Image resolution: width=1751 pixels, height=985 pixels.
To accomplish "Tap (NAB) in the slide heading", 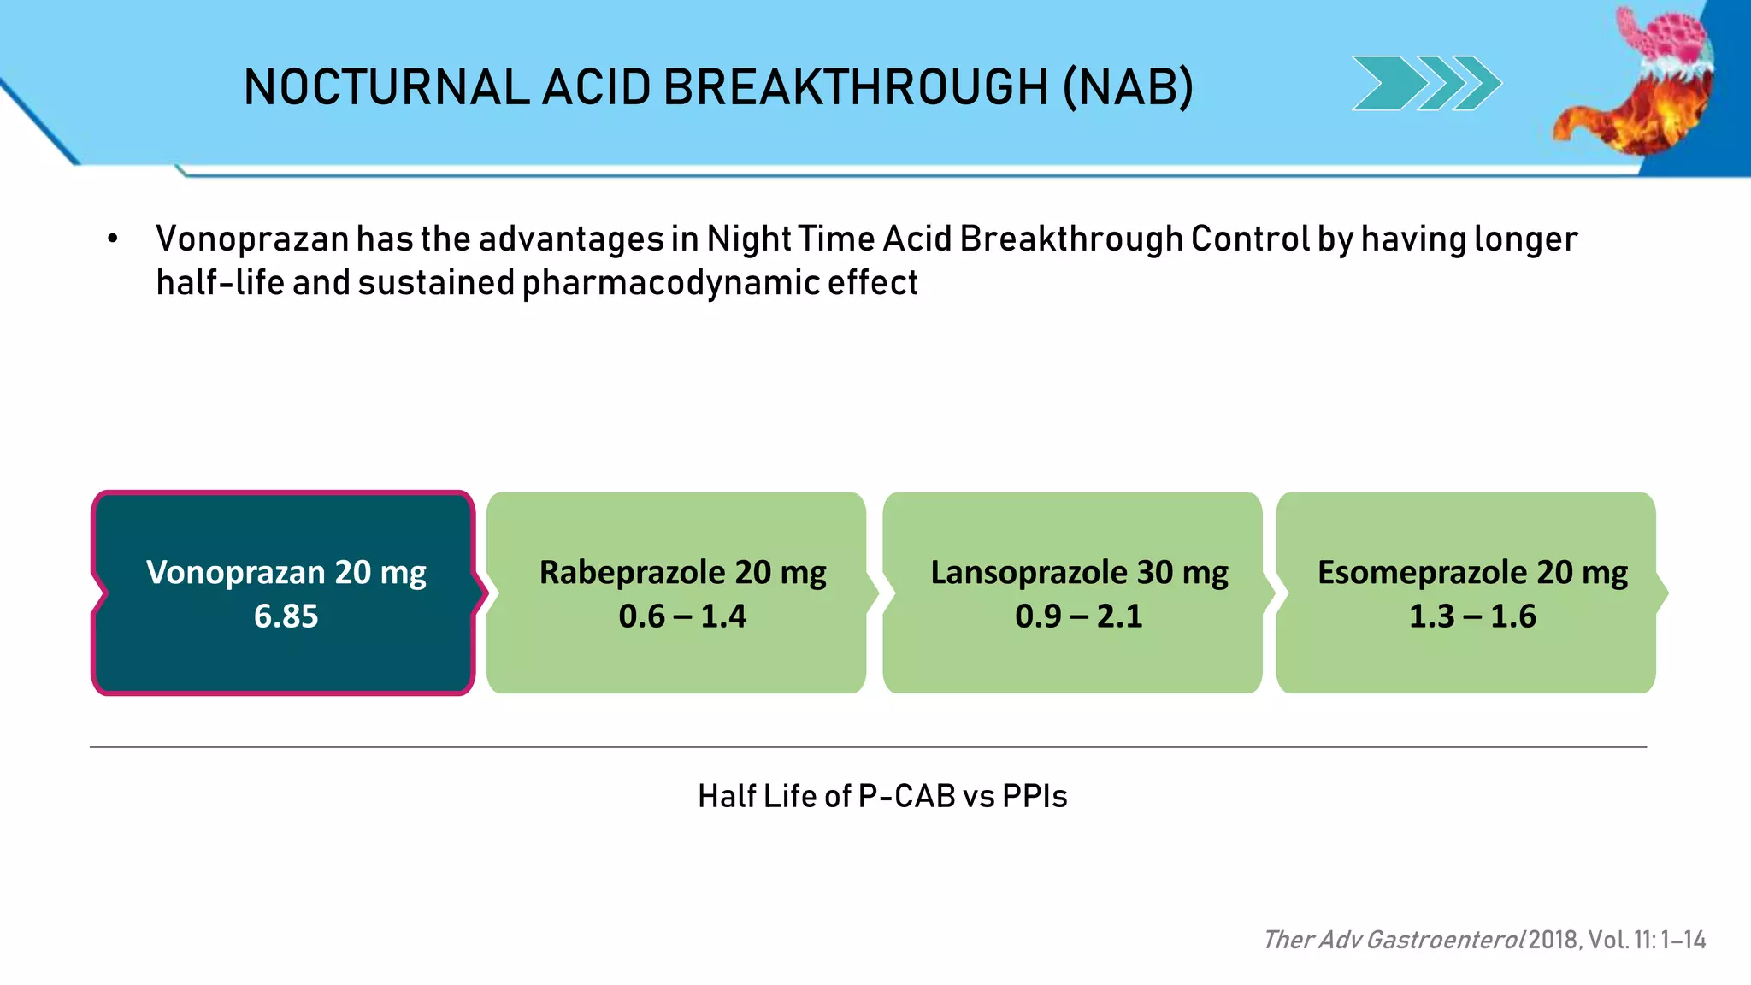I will click(1128, 87).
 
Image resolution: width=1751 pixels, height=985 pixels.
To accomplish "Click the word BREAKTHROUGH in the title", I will click(855, 87).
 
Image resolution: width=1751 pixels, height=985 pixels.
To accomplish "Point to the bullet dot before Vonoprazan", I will click(112, 239).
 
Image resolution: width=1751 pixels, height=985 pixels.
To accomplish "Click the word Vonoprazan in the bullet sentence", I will click(252, 239).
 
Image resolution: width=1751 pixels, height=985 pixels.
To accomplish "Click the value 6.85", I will click(286, 616).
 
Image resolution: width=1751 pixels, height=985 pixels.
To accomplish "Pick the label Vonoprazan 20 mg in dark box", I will click(286, 572).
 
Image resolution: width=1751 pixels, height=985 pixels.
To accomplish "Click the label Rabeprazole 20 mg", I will click(682, 572).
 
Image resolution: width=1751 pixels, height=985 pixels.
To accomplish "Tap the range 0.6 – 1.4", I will click(682, 616).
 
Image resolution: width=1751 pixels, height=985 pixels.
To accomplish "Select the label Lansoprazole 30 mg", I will click(1079, 572).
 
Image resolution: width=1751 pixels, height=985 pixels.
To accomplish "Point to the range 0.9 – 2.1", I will click(1079, 616).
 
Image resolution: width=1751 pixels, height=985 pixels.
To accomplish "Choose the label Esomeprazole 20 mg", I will click(1472, 572).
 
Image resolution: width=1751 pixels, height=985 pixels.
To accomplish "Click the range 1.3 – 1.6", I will click(1472, 616).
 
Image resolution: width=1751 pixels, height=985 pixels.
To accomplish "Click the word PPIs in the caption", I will click(1035, 797).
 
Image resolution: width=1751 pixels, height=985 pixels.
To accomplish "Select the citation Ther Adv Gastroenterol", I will click(1394, 940).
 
